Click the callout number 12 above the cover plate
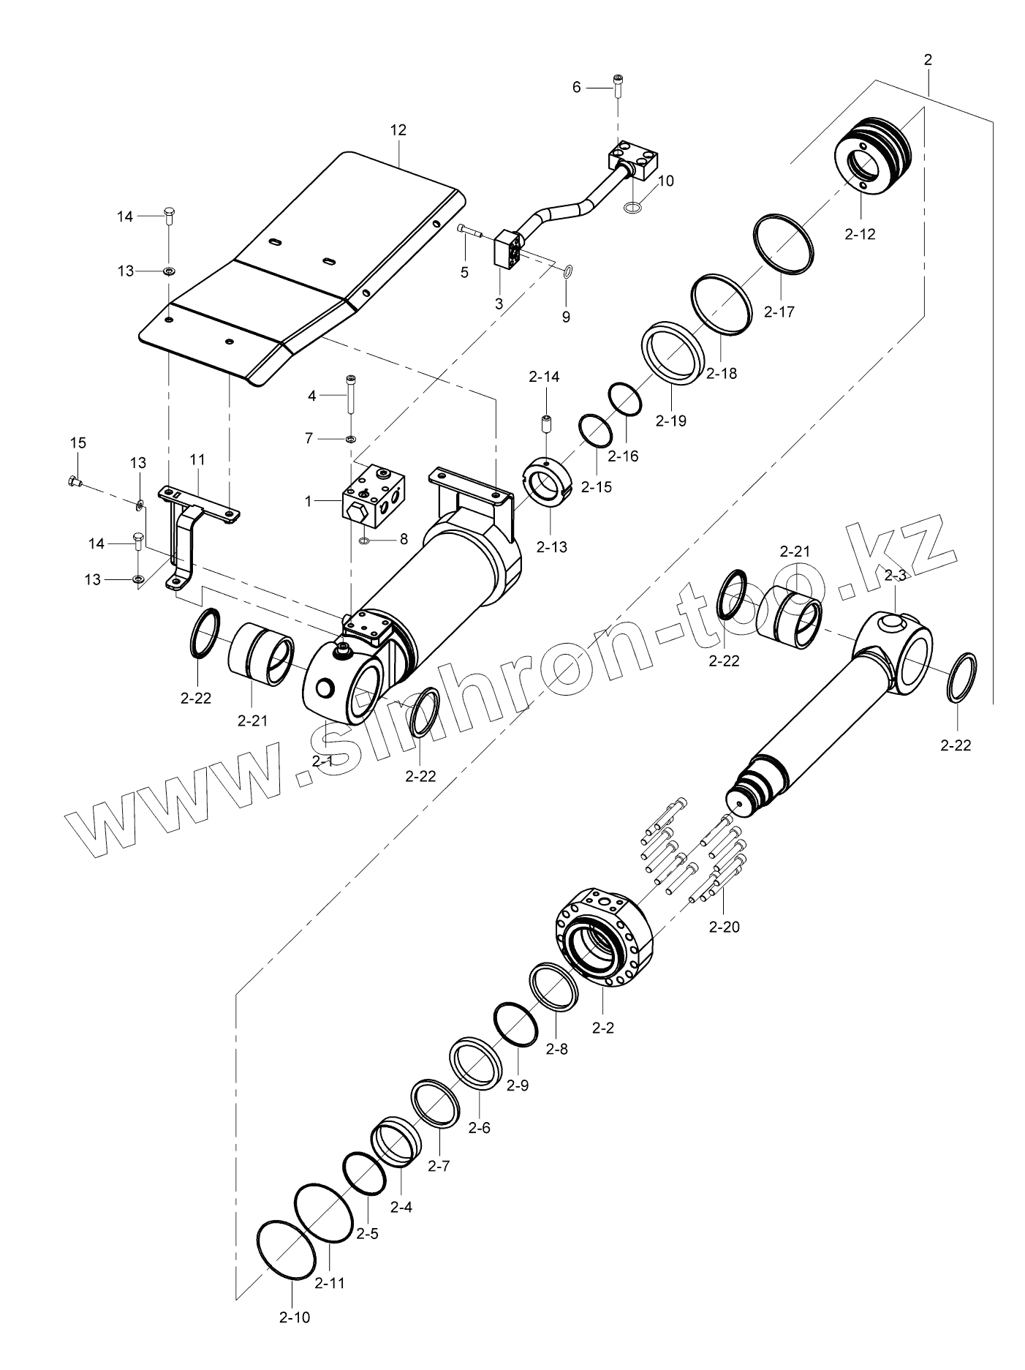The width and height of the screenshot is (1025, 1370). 398,130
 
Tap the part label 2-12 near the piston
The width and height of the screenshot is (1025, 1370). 859,234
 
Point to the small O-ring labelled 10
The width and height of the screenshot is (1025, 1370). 634,210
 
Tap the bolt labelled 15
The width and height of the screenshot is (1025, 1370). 74,481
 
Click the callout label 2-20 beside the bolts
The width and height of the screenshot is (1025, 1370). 725,927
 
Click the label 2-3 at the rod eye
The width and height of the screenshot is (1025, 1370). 895,576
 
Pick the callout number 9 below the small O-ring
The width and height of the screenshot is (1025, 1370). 566,317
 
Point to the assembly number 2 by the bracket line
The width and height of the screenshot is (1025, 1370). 928,60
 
